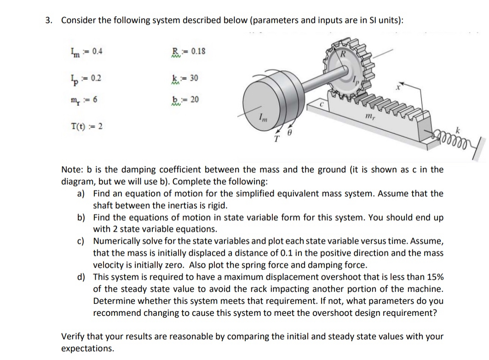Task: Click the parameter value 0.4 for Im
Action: click(98, 51)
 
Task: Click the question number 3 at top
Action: click(49, 21)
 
